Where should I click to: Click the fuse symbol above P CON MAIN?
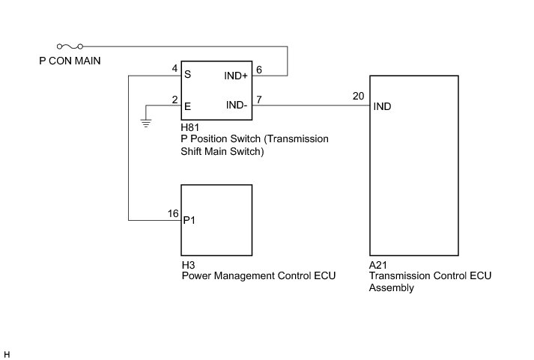pyautogui.click(x=70, y=46)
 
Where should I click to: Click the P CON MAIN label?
pyautogui.click(x=70, y=61)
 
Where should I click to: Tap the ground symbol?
pyautogui.click(x=146, y=123)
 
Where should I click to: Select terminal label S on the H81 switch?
pyautogui.click(x=188, y=74)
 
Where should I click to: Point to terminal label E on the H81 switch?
pyautogui.click(x=187, y=106)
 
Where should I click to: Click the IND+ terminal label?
pyautogui.click(x=236, y=76)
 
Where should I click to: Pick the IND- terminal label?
pyautogui.click(x=237, y=105)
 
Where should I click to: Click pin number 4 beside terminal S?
pyautogui.click(x=175, y=68)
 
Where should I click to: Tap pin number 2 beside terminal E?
pyautogui.click(x=175, y=100)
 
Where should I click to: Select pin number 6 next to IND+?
pyautogui.click(x=259, y=70)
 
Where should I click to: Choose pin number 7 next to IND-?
pyautogui.click(x=259, y=100)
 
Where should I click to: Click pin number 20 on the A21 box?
pyautogui.click(x=358, y=97)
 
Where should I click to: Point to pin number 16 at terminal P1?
pyautogui.click(x=173, y=213)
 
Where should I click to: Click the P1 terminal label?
pyautogui.click(x=189, y=221)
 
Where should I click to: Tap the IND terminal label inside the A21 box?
pyautogui.click(x=382, y=106)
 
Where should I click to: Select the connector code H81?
pyautogui.click(x=189, y=127)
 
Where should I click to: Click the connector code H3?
pyautogui.click(x=188, y=265)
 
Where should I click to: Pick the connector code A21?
pyautogui.click(x=377, y=265)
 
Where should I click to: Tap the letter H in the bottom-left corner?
pyautogui.click(x=7, y=355)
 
